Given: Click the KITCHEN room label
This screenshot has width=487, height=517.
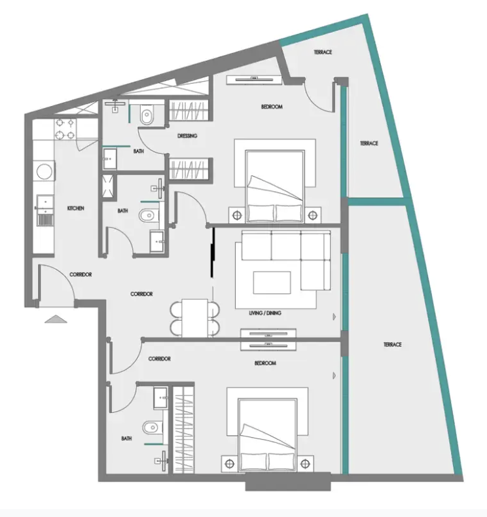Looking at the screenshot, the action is tap(76, 208).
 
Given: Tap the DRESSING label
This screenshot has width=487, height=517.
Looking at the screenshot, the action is tap(187, 136).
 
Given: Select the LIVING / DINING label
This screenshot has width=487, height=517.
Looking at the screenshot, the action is tap(265, 313).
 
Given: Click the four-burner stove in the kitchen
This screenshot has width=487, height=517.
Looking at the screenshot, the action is tap(65, 129).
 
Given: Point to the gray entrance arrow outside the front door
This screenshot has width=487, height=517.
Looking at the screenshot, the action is tap(56, 319).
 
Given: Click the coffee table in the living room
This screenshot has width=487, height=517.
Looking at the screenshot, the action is tap(272, 283).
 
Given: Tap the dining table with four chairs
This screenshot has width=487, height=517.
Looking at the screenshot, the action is tap(195, 318).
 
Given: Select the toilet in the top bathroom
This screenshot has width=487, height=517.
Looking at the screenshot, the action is tap(147, 115).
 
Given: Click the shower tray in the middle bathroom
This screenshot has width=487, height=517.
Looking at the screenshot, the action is tap(108, 187).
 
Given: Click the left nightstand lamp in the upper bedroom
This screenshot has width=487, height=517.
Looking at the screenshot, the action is tap(237, 216).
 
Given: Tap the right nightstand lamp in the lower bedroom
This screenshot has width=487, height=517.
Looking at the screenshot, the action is tap(305, 464).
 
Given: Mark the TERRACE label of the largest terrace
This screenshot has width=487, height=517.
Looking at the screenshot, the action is tap(392, 344).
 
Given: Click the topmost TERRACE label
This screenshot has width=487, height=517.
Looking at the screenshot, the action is tap(323, 52).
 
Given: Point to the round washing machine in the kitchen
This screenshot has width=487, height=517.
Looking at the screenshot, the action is tap(44, 171).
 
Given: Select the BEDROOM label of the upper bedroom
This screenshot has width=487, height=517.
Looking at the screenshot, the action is tap(272, 107).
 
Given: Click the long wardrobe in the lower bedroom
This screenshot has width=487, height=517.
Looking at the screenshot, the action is tap(183, 429).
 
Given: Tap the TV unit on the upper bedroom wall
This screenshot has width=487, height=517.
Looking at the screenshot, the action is tap(254, 80).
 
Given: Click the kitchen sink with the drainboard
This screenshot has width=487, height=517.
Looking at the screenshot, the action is tap(45, 211).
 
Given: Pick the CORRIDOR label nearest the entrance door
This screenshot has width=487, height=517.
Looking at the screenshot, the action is tap(81, 274).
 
